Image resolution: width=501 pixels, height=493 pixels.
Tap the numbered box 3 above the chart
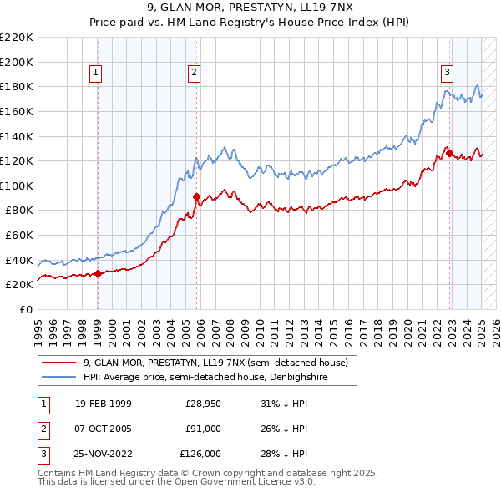[448, 73]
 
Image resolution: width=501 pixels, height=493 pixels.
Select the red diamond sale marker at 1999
[98, 272]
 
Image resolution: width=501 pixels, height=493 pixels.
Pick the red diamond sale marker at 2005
[197, 197]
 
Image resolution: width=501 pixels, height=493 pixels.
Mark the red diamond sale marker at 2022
[449, 153]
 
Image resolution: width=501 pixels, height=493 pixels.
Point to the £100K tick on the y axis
[18, 186]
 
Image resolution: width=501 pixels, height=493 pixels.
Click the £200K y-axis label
[18, 62]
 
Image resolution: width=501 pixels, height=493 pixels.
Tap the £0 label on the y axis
[27, 309]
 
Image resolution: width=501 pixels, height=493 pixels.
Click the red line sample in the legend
[58, 363]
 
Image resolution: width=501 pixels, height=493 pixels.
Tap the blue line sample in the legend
[58, 377]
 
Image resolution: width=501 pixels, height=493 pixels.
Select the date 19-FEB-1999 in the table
[104, 404]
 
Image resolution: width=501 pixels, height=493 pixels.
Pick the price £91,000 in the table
[203, 429]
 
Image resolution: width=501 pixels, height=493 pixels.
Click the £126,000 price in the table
[200, 454]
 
